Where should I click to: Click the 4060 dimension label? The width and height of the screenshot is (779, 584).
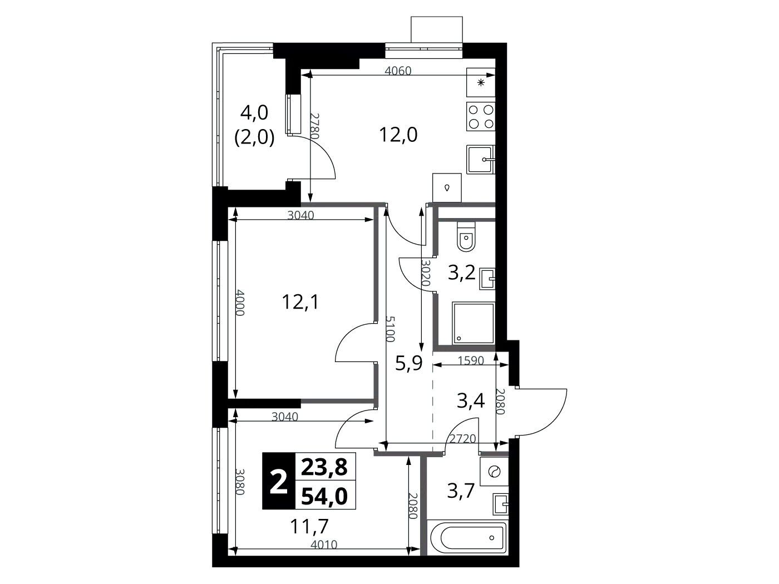click(398, 71)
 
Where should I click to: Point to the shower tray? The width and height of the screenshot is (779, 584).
click(473, 323)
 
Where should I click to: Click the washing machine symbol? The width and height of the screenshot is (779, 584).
click(494, 471)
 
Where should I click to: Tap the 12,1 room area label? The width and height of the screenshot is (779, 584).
click(300, 303)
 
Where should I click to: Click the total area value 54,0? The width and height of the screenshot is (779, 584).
click(324, 496)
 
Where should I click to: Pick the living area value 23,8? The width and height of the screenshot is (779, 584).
click(324, 467)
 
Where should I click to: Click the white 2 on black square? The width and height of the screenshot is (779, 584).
click(279, 481)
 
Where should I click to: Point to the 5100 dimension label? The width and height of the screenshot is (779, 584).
click(390, 329)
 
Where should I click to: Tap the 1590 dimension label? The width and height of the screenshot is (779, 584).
click(471, 360)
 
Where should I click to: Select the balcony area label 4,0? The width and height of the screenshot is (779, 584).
click(254, 113)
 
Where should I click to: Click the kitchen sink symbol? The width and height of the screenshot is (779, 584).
click(481, 159)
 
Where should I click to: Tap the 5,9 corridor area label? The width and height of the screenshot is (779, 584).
click(409, 363)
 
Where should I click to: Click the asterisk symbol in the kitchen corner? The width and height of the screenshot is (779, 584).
click(481, 83)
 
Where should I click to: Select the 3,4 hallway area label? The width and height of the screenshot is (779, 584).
click(471, 402)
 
